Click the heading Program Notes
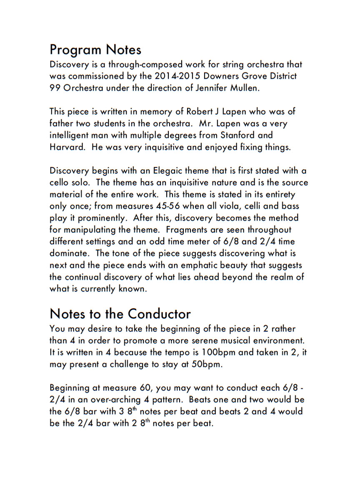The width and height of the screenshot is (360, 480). coord(95,50)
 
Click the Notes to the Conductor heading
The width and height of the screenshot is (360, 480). coord(120,313)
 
